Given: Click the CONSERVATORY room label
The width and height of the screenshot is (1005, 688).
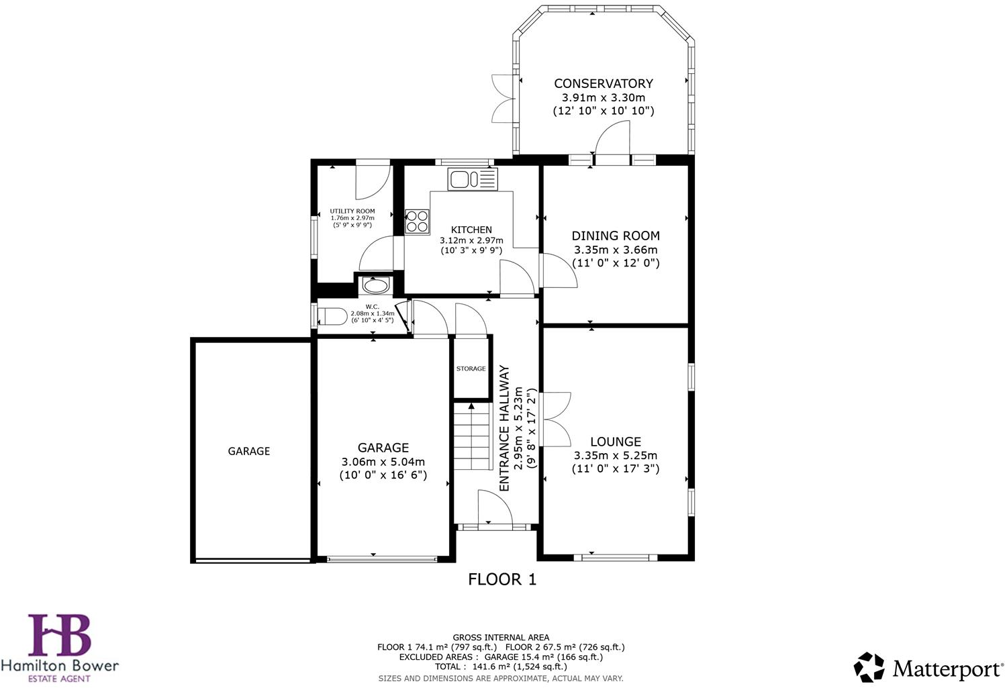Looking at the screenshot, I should (603, 83).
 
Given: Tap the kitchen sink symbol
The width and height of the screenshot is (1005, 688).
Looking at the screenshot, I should (473, 179).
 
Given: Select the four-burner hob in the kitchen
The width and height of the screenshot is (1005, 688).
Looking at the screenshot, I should (417, 222).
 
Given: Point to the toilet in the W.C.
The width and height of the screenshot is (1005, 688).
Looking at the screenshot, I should (332, 315).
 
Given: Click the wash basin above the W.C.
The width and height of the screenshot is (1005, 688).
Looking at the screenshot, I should (375, 286).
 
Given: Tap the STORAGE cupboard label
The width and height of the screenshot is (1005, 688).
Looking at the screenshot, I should (471, 368).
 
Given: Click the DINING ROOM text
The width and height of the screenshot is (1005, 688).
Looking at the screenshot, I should (615, 236).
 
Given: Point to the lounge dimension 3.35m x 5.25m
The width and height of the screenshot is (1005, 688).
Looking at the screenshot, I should (615, 455).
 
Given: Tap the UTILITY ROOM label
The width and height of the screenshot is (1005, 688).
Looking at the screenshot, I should (352, 211).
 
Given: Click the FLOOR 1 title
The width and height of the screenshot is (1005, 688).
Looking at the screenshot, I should (502, 579).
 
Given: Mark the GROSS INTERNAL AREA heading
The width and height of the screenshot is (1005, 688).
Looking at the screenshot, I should (501, 638).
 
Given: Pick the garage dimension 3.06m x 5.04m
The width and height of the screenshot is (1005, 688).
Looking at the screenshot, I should (383, 462).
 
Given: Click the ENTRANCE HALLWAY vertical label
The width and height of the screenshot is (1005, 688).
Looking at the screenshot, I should (505, 428).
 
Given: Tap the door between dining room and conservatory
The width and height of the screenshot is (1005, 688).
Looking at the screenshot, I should (612, 141).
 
